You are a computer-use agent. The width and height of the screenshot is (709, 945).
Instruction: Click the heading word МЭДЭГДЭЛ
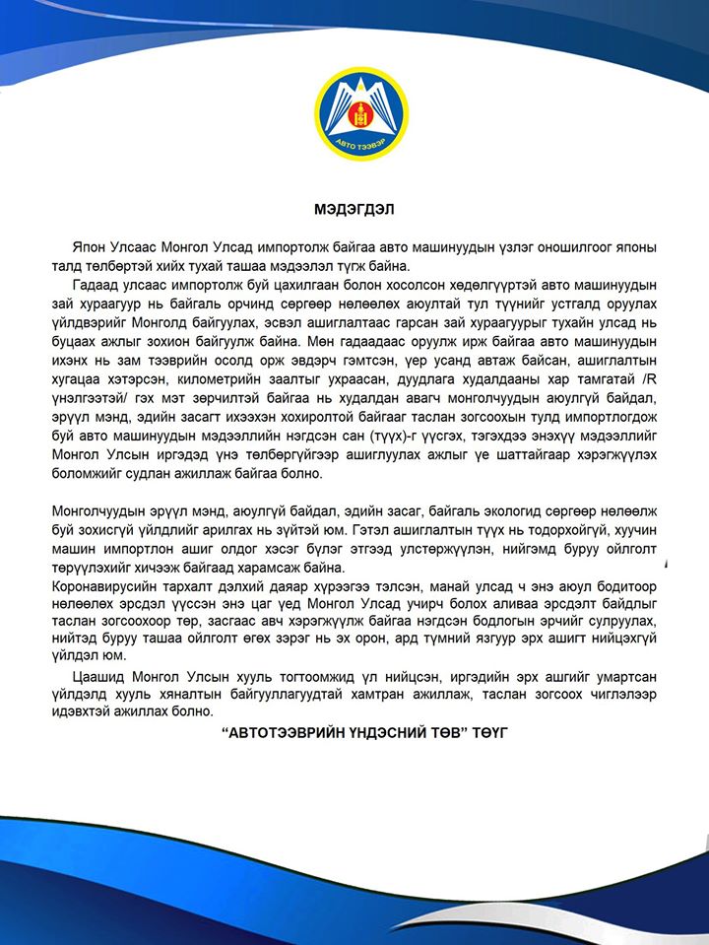pos(354,209)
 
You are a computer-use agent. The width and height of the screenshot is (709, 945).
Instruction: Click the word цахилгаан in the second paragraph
pos(283,285)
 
